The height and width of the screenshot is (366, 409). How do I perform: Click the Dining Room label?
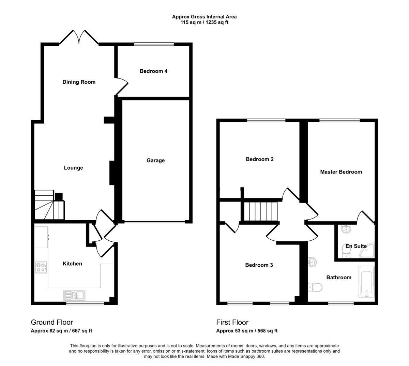pos(79,82)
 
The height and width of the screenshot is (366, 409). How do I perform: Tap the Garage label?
pos(155,160)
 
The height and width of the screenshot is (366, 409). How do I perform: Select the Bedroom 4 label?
pos(153,71)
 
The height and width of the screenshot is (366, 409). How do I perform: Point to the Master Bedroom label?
pos(341,172)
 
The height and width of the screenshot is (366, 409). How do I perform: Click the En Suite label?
pos(356,246)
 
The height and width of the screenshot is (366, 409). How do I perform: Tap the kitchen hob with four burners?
pos(41,268)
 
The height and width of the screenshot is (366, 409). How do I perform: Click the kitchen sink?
pos(74,295)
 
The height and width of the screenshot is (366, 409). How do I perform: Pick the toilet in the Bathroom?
pos(315,287)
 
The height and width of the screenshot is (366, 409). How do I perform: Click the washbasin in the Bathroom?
pos(312,263)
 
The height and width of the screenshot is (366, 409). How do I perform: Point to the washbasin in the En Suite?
pos(346,229)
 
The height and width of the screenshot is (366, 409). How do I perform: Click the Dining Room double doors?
pos(79,37)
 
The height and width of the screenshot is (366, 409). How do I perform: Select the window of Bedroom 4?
pos(154,44)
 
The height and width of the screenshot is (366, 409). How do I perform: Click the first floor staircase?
pos(260,211)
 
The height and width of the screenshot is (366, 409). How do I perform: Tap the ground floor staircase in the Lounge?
pos(49,205)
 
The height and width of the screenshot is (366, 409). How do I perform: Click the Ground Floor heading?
pos(52,322)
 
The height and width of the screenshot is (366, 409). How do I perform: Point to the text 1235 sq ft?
pos(217,22)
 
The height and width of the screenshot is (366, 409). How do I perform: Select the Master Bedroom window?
pos(339,121)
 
